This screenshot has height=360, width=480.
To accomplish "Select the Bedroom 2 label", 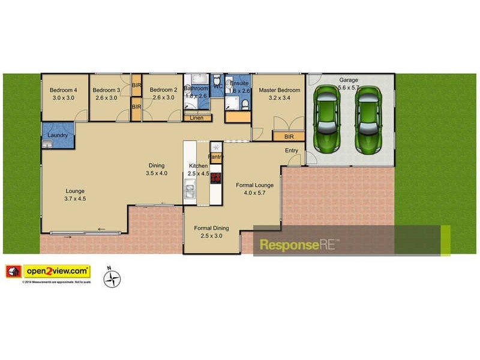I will pos(163,91).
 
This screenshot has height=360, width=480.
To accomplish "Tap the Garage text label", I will pos(349,80).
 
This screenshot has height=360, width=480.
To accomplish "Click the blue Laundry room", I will pos(58,135).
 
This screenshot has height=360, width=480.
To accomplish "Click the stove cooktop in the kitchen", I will pos(216,178).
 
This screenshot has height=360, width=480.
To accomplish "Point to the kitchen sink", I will pos(190,191).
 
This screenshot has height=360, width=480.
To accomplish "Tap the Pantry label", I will pos(216,157).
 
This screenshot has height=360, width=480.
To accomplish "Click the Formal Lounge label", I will pos(254,185).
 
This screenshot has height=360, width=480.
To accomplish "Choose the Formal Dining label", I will pos(211,228).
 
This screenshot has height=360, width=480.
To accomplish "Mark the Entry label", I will pos(292,151).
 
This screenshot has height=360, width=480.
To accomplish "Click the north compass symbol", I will pos(112,278).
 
